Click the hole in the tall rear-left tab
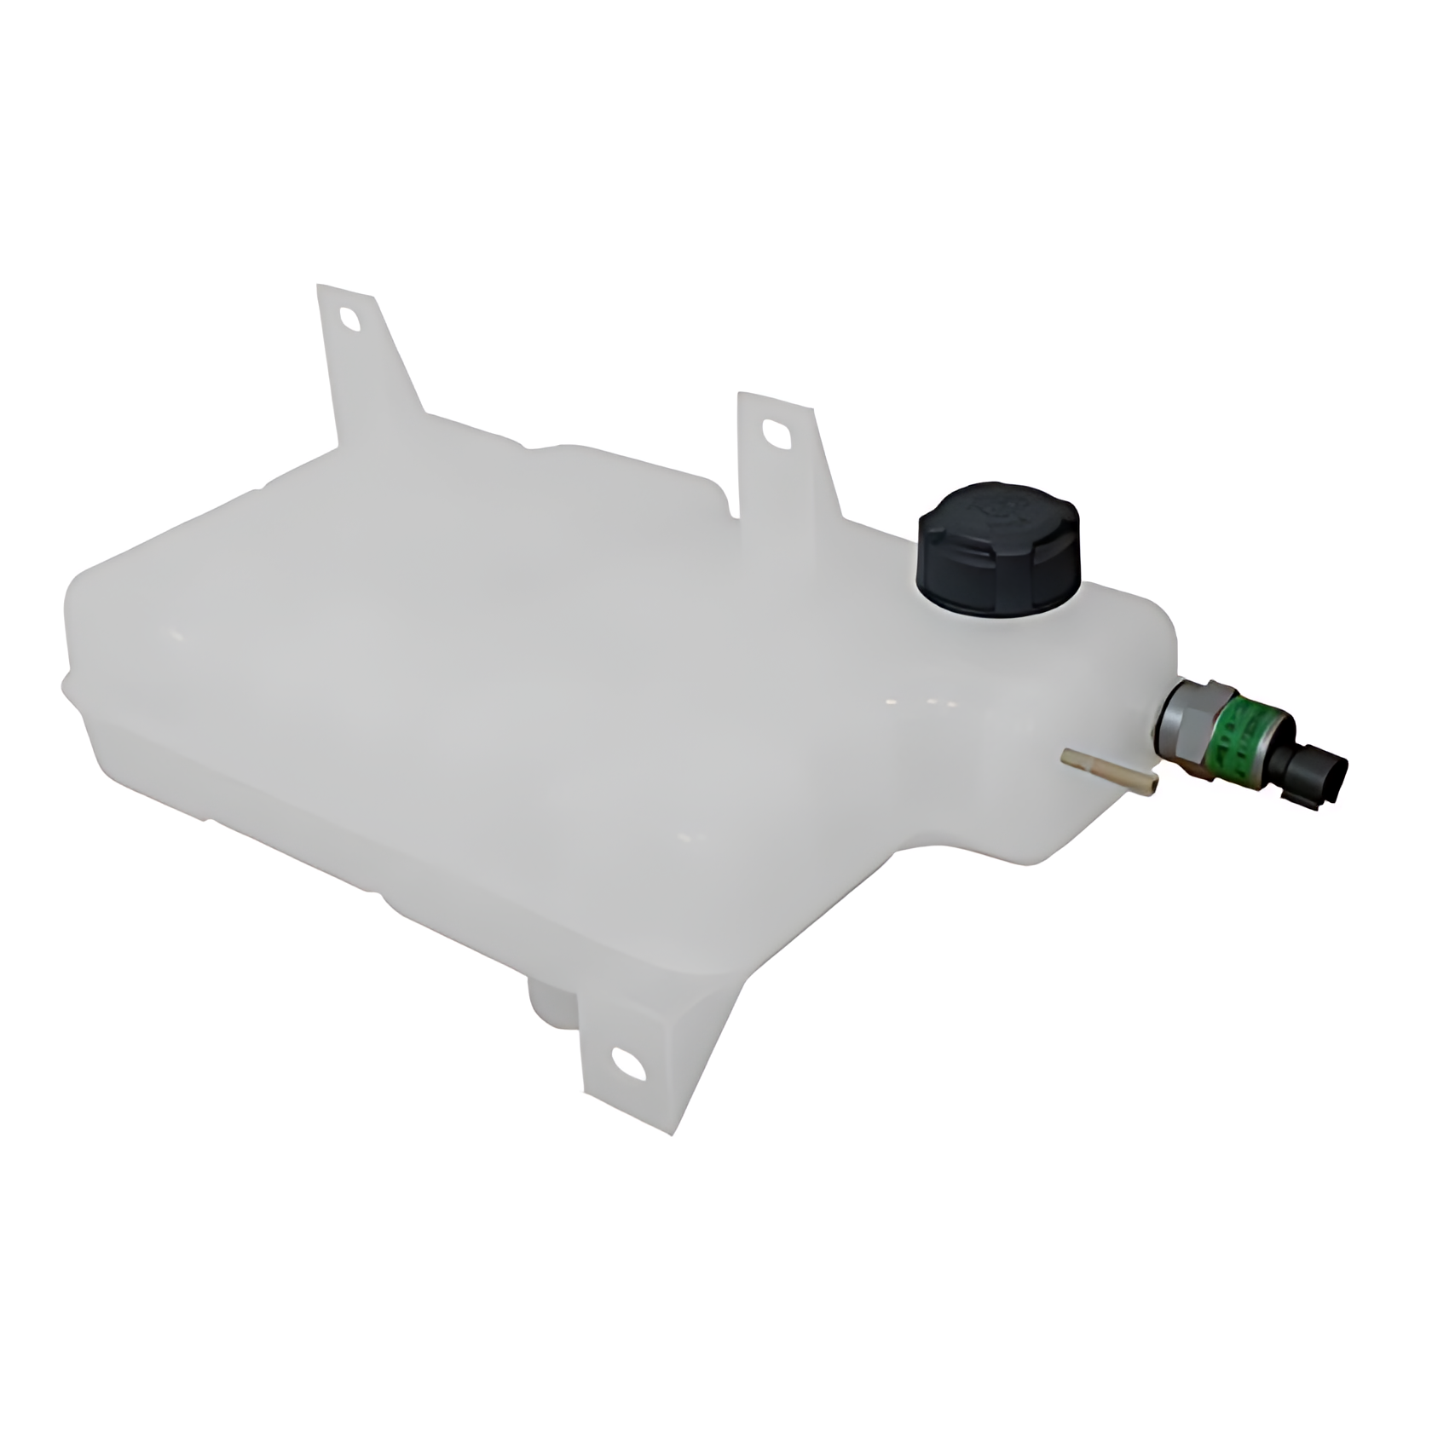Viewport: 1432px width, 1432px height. (x=350, y=319)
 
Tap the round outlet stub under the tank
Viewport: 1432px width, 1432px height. (x=550, y=1006)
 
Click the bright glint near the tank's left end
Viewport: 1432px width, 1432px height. (x=177, y=635)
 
